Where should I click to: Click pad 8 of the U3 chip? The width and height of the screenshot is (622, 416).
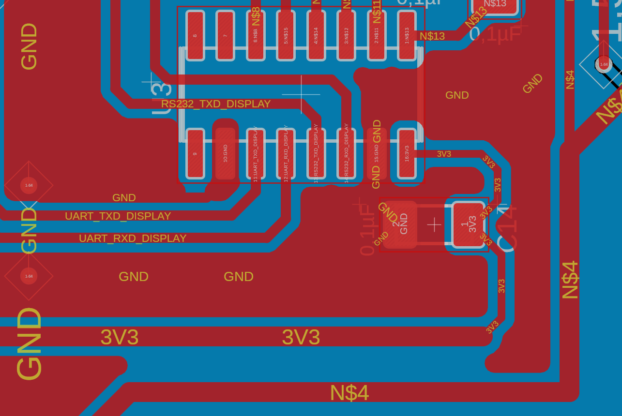pyautogui.click(x=195, y=35)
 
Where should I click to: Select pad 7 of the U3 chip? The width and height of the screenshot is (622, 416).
pyautogui.click(x=225, y=35)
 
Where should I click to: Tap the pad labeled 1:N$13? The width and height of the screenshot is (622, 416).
pyautogui.click(x=407, y=35)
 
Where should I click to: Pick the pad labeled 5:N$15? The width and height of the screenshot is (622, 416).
pyautogui.click(x=286, y=35)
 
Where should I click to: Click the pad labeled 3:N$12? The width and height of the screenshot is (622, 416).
pyautogui.click(x=346, y=35)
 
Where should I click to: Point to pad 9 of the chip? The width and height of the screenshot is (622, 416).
pyautogui.click(x=195, y=153)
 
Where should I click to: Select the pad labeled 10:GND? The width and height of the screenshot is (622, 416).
pyautogui.click(x=225, y=153)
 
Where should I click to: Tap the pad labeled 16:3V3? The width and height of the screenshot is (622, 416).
pyautogui.click(x=407, y=153)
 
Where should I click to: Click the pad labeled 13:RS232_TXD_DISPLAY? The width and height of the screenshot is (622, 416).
pyautogui.click(x=316, y=153)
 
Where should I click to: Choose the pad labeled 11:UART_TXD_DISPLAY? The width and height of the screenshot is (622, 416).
pyautogui.click(x=256, y=153)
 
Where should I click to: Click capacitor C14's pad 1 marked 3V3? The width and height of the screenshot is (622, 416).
pyautogui.click(x=468, y=224)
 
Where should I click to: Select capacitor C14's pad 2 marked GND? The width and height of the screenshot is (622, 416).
pyautogui.click(x=400, y=224)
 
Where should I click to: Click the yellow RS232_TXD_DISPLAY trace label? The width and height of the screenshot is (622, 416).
pyautogui.click(x=216, y=104)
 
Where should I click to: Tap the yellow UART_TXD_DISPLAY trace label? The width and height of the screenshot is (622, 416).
pyautogui.click(x=118, y=216)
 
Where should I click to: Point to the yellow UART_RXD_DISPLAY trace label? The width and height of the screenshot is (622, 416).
pyautogui.click(x=133, y=238)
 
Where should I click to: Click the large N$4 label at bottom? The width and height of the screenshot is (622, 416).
pyautogui.click(x=349, y=393)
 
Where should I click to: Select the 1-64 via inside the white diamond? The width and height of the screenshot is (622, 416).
pyautogui.click(x=604, y=64)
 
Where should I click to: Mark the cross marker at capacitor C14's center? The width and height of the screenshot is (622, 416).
pyautogui.click(x=434, y=224)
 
